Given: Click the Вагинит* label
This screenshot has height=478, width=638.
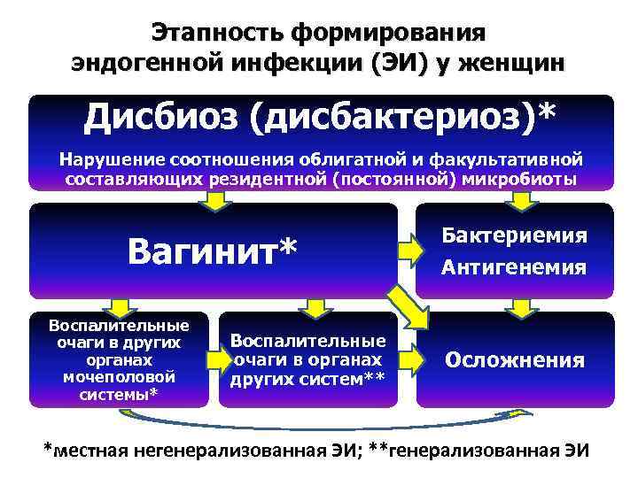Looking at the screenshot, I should (213, 251).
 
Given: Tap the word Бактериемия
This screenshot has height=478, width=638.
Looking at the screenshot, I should (514, 236).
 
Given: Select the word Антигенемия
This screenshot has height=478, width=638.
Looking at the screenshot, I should (514, 266).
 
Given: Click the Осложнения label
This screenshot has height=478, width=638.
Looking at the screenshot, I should (514, 360).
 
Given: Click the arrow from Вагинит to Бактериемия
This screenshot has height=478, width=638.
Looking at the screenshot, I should (412, 251).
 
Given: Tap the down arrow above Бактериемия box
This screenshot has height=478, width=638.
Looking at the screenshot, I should (524, 203).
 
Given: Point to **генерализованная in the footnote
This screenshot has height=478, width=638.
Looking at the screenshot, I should (460, 449).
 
